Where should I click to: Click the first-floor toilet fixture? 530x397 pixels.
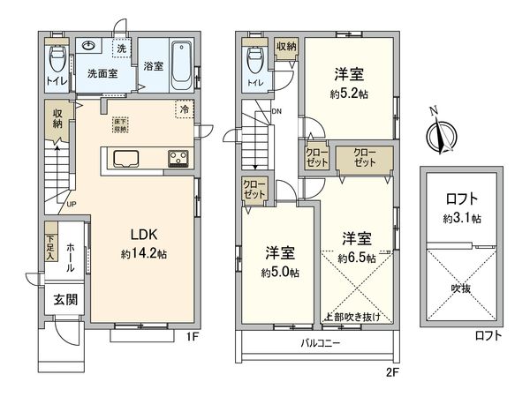click(57, 61)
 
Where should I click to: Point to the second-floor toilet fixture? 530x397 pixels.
click(255, 60)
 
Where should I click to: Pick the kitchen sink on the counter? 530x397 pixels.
click(124, 159)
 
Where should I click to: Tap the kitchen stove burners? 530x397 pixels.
click(177, 159)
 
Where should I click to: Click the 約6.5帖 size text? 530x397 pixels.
click(357, 258)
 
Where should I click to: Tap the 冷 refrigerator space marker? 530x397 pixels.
click(184, 111)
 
